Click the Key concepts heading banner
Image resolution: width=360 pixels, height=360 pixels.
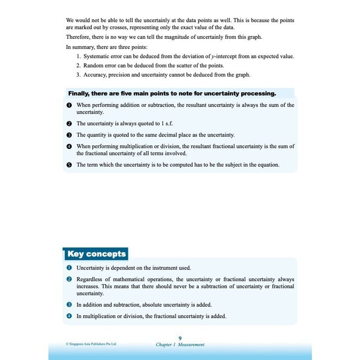(x=96, y=254)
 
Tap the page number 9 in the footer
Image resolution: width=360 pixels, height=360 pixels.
(x=180, y=338)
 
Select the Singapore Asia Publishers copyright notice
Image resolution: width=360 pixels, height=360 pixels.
(x=91, y=344)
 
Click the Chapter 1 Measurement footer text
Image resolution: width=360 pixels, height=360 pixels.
(x=180, y=345)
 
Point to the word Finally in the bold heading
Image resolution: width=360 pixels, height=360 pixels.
(x=79, y=94)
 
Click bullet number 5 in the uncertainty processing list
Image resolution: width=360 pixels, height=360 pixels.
(x=69, y=165)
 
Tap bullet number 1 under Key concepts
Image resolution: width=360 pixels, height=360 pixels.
(x=69, y=268)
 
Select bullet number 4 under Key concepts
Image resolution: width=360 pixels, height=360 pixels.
(x=69, y=316)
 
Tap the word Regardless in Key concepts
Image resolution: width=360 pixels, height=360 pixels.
(x=89, y=279)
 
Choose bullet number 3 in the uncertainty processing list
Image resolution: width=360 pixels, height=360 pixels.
(x=69, y=135)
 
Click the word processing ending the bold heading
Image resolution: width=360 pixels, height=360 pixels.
(x=258, y=94)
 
